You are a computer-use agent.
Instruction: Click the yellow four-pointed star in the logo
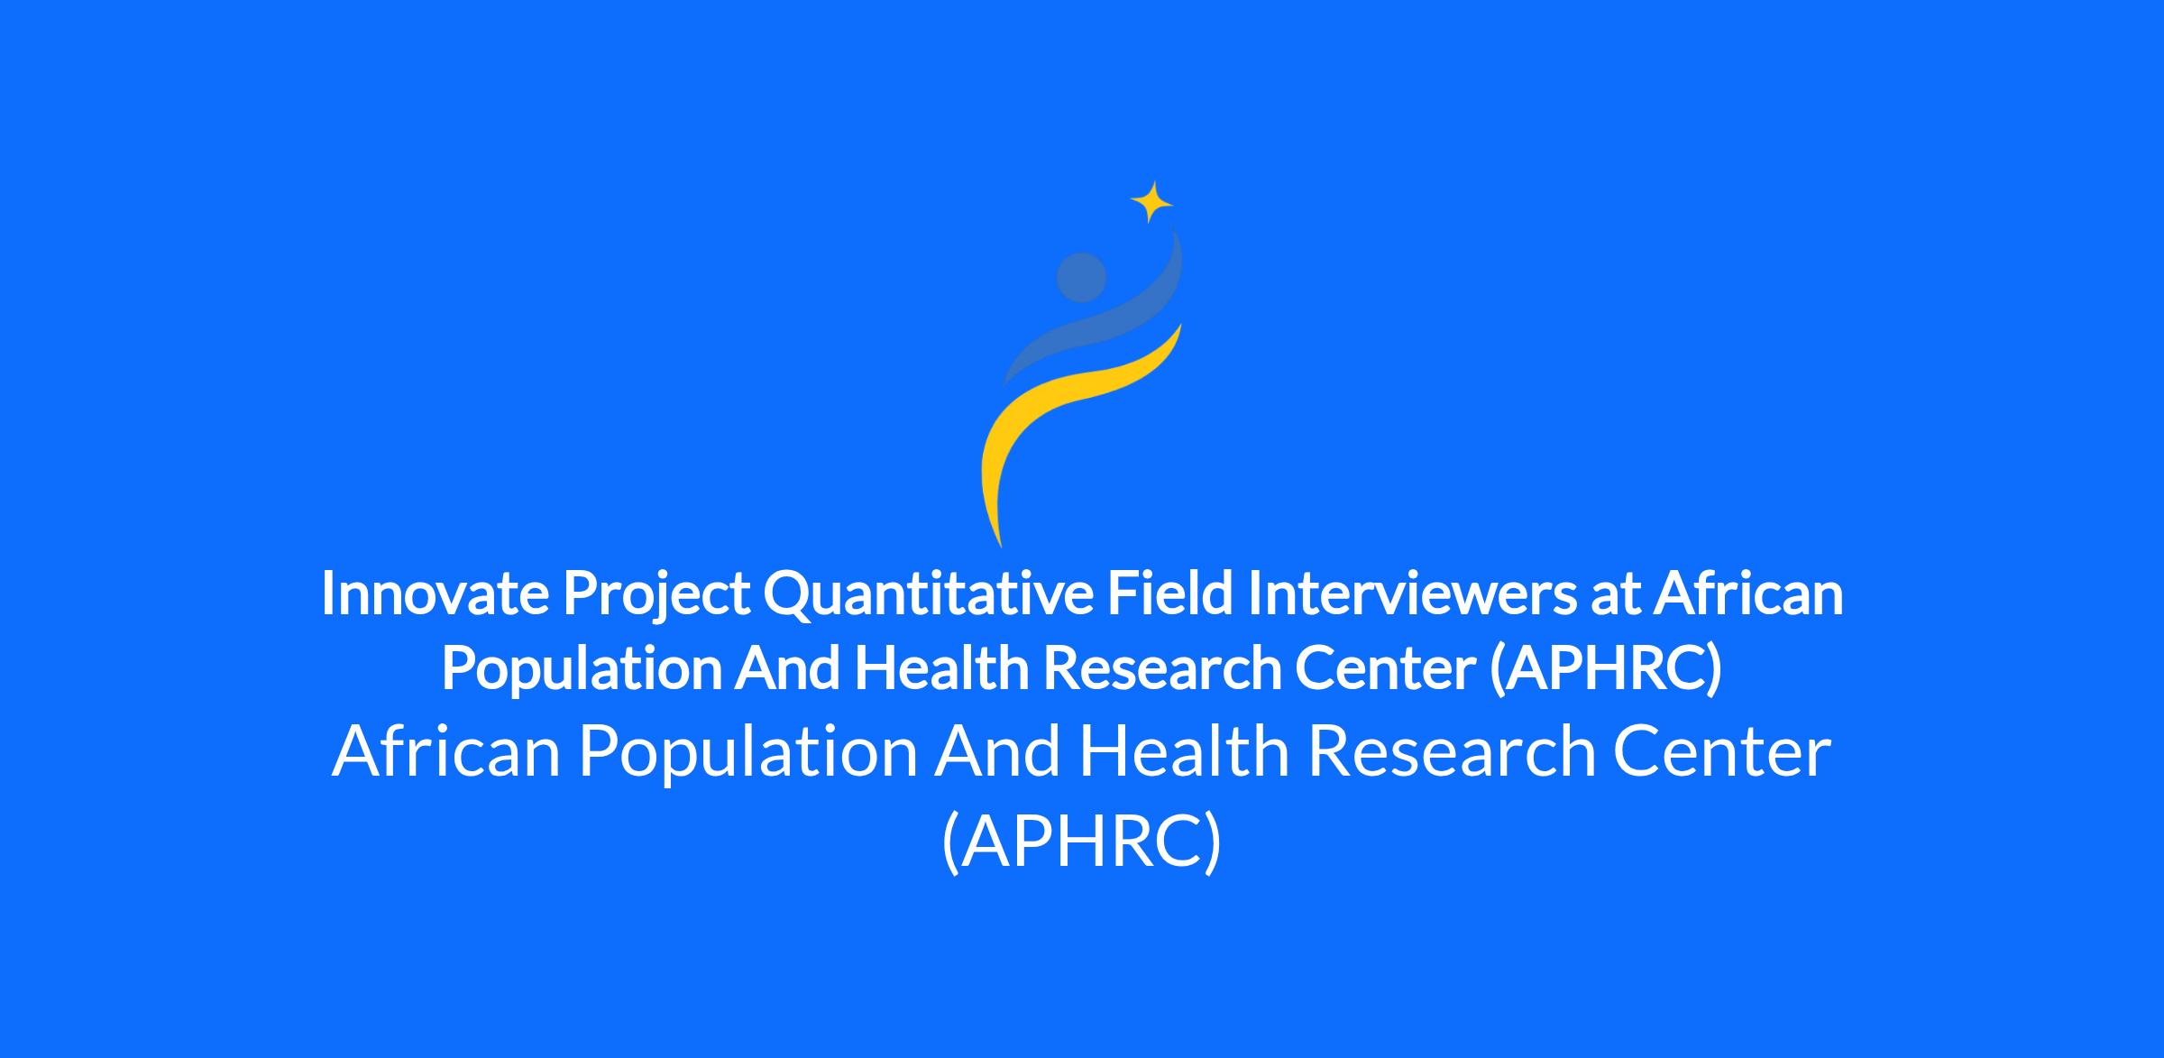tap(1151, 202)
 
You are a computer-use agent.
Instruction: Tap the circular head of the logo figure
tap(1081, 277)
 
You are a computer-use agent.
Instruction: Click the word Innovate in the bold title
tap(435, 594)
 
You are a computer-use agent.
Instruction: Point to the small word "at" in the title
tap(1614, 598)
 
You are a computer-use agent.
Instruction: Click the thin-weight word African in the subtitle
tap(447, 752)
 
